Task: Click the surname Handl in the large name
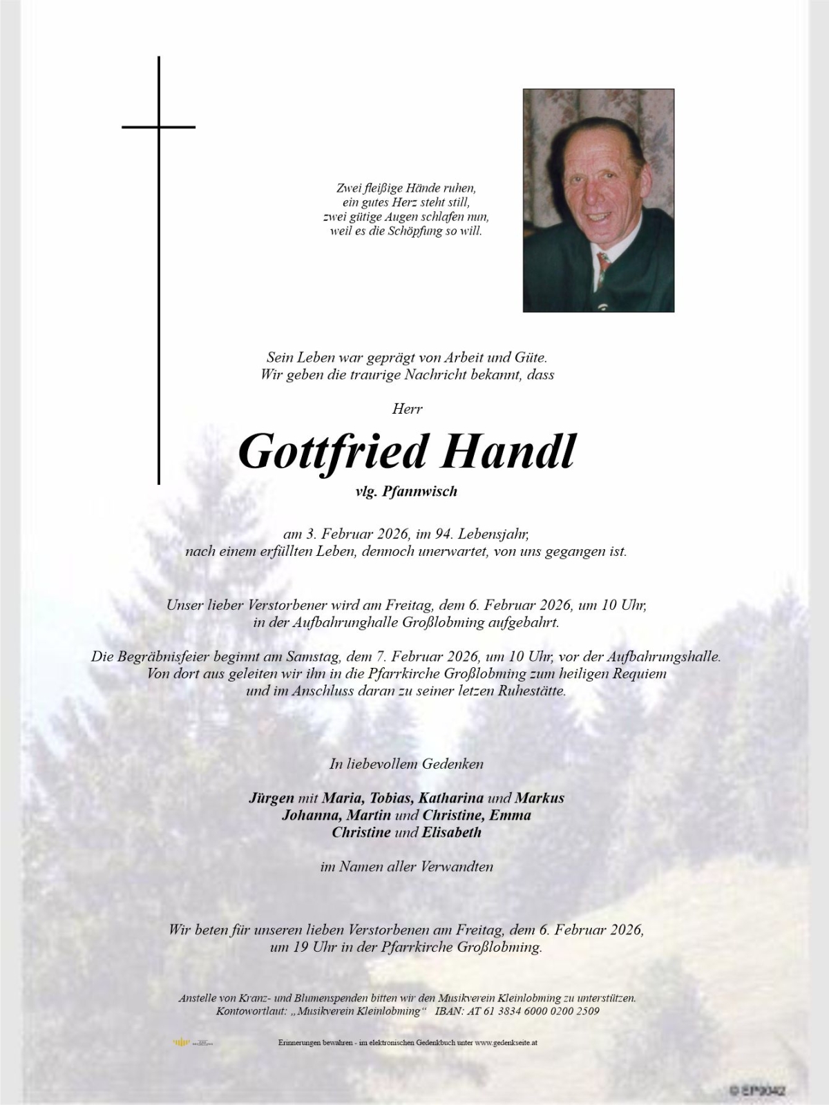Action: pyautogui.click(x=508, y=452)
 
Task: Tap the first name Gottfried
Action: pyautogui.click(x=333, y=452)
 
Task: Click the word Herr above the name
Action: pyautogui.click(x=407, y=409)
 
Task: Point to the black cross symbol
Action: pyautogui.click(x=159, y=128)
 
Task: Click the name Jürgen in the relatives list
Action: pyautogui.click(x=271, y=798)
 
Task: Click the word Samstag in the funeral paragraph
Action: pyautogui.click(x=399, y=657)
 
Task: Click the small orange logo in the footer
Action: pyautogui.click(x=181, y=1042)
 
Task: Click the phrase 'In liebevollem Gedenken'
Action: pyautogui.click(x=406, y=764)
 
